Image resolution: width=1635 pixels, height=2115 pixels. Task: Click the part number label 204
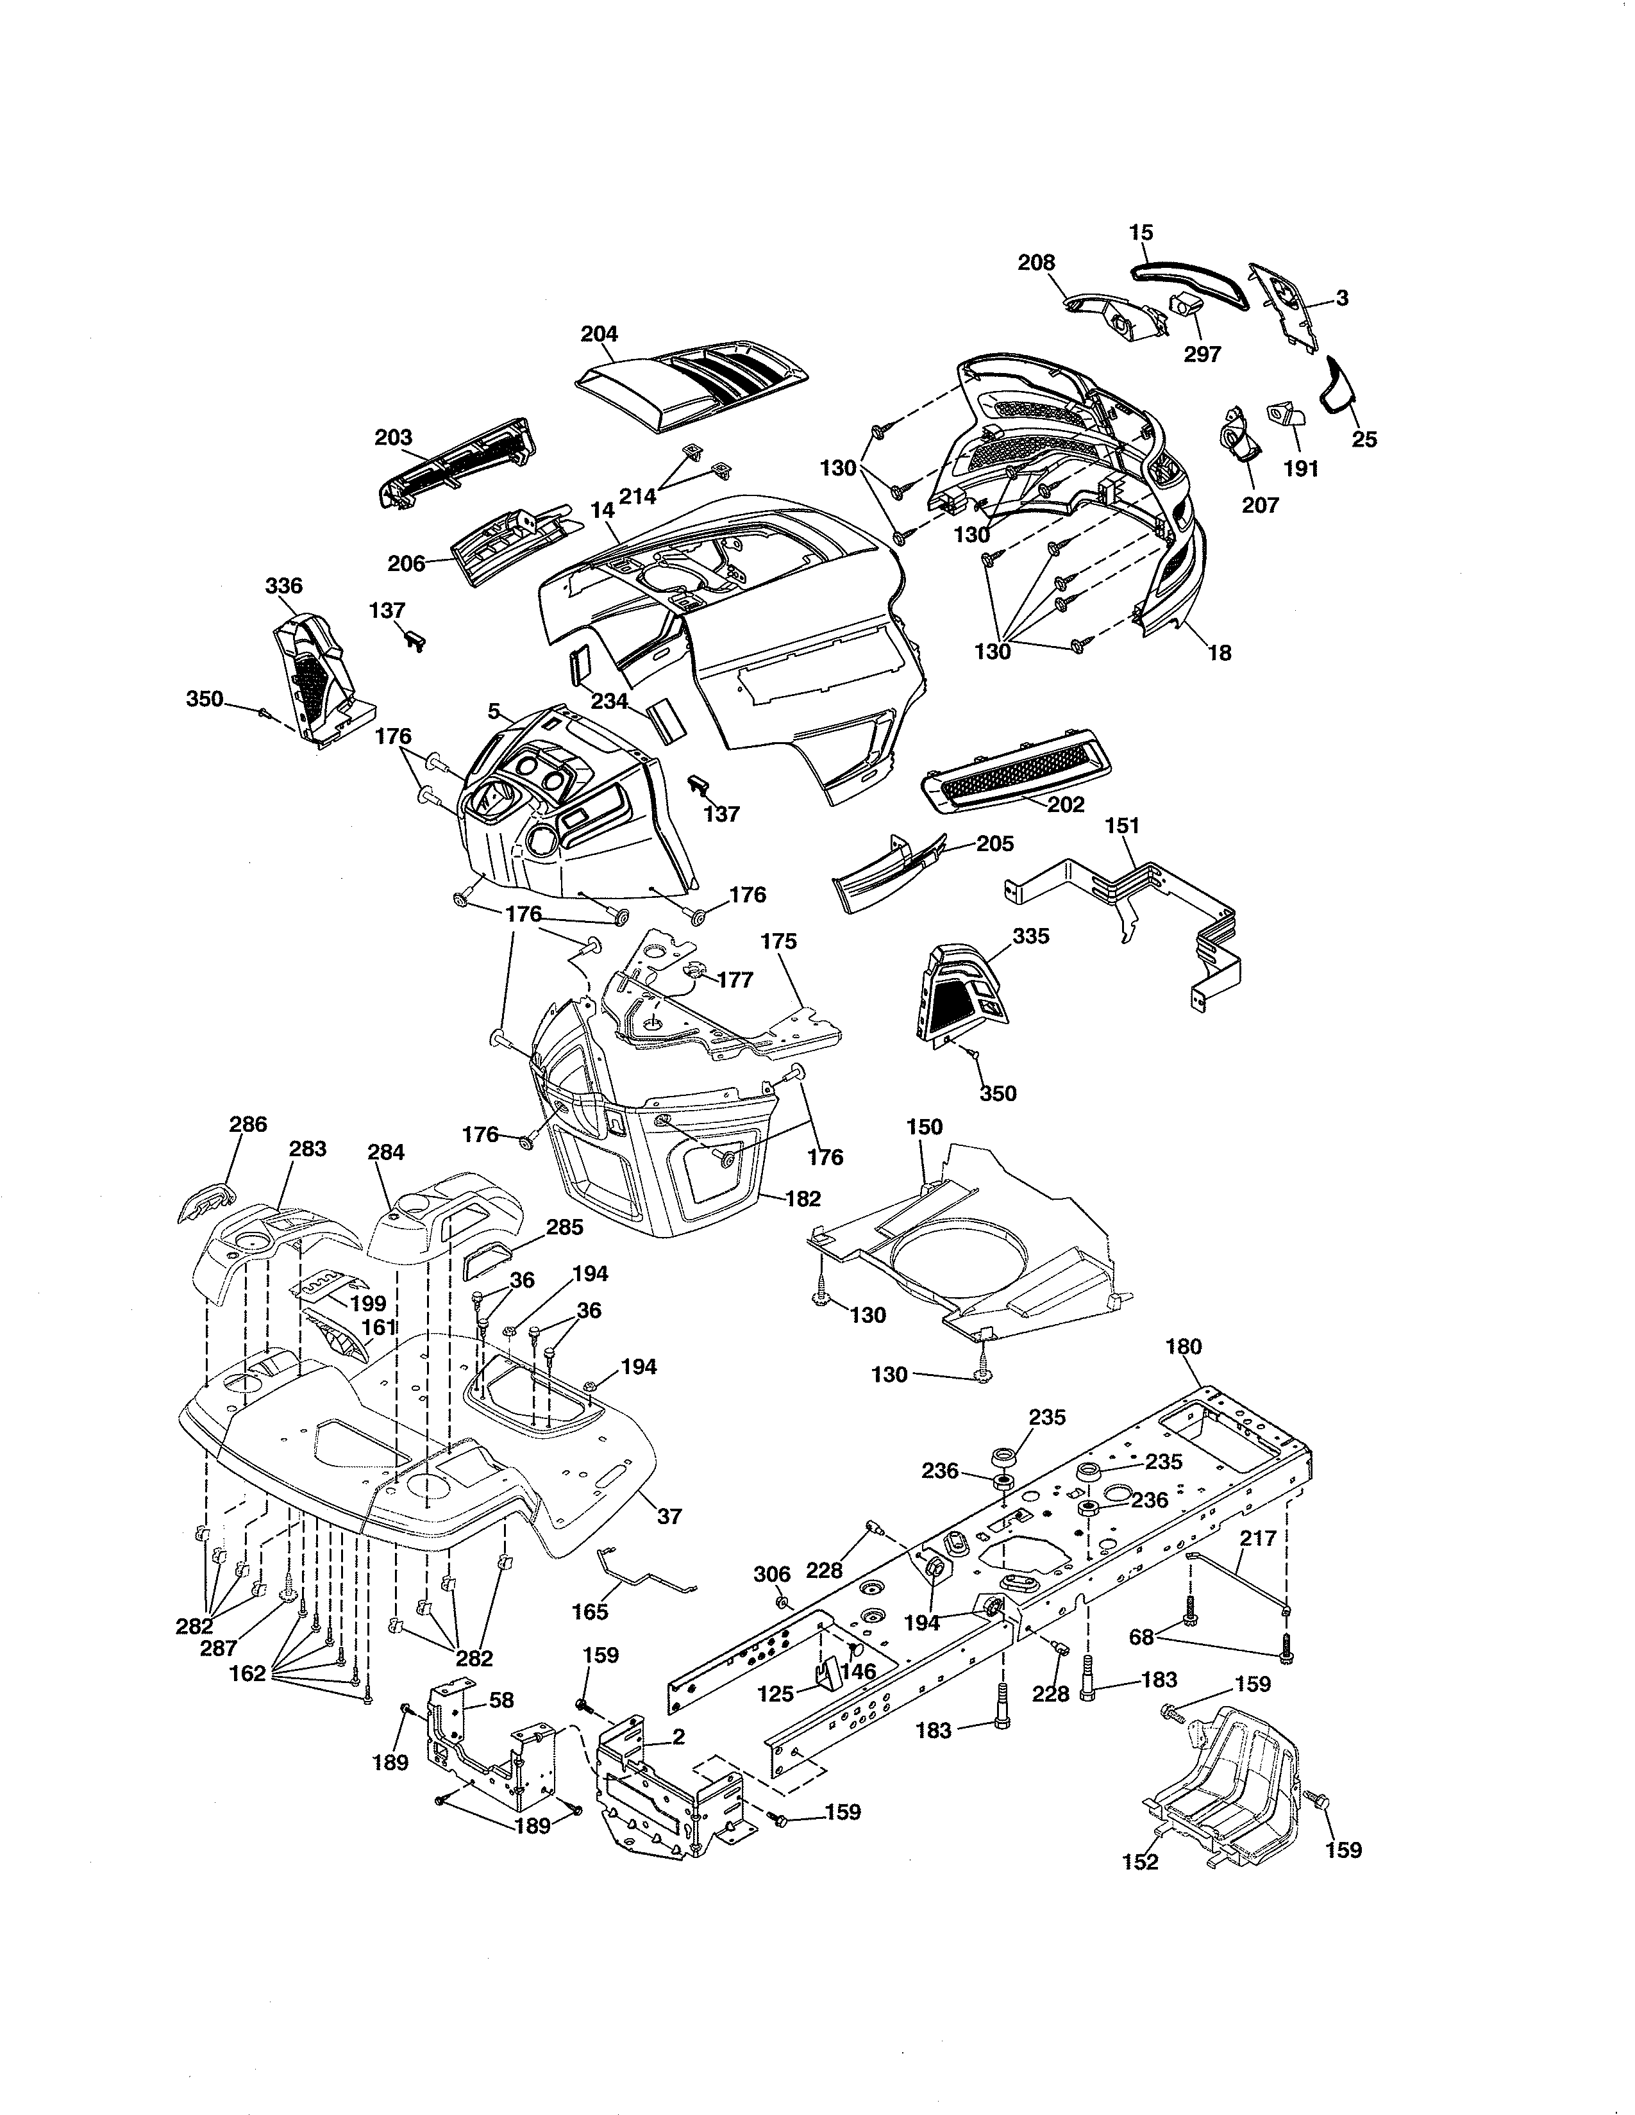point(599,334)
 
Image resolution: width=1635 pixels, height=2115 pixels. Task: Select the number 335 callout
point(1030,936)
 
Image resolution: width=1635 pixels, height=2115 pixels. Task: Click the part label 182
point(803,1199)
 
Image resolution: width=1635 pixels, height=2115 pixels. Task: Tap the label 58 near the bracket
point(502,1700)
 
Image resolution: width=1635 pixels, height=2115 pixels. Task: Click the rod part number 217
point(1257,1538)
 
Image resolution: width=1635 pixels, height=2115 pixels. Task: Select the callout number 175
point(779,941)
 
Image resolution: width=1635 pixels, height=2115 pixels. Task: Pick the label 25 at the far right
point(1364,440)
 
